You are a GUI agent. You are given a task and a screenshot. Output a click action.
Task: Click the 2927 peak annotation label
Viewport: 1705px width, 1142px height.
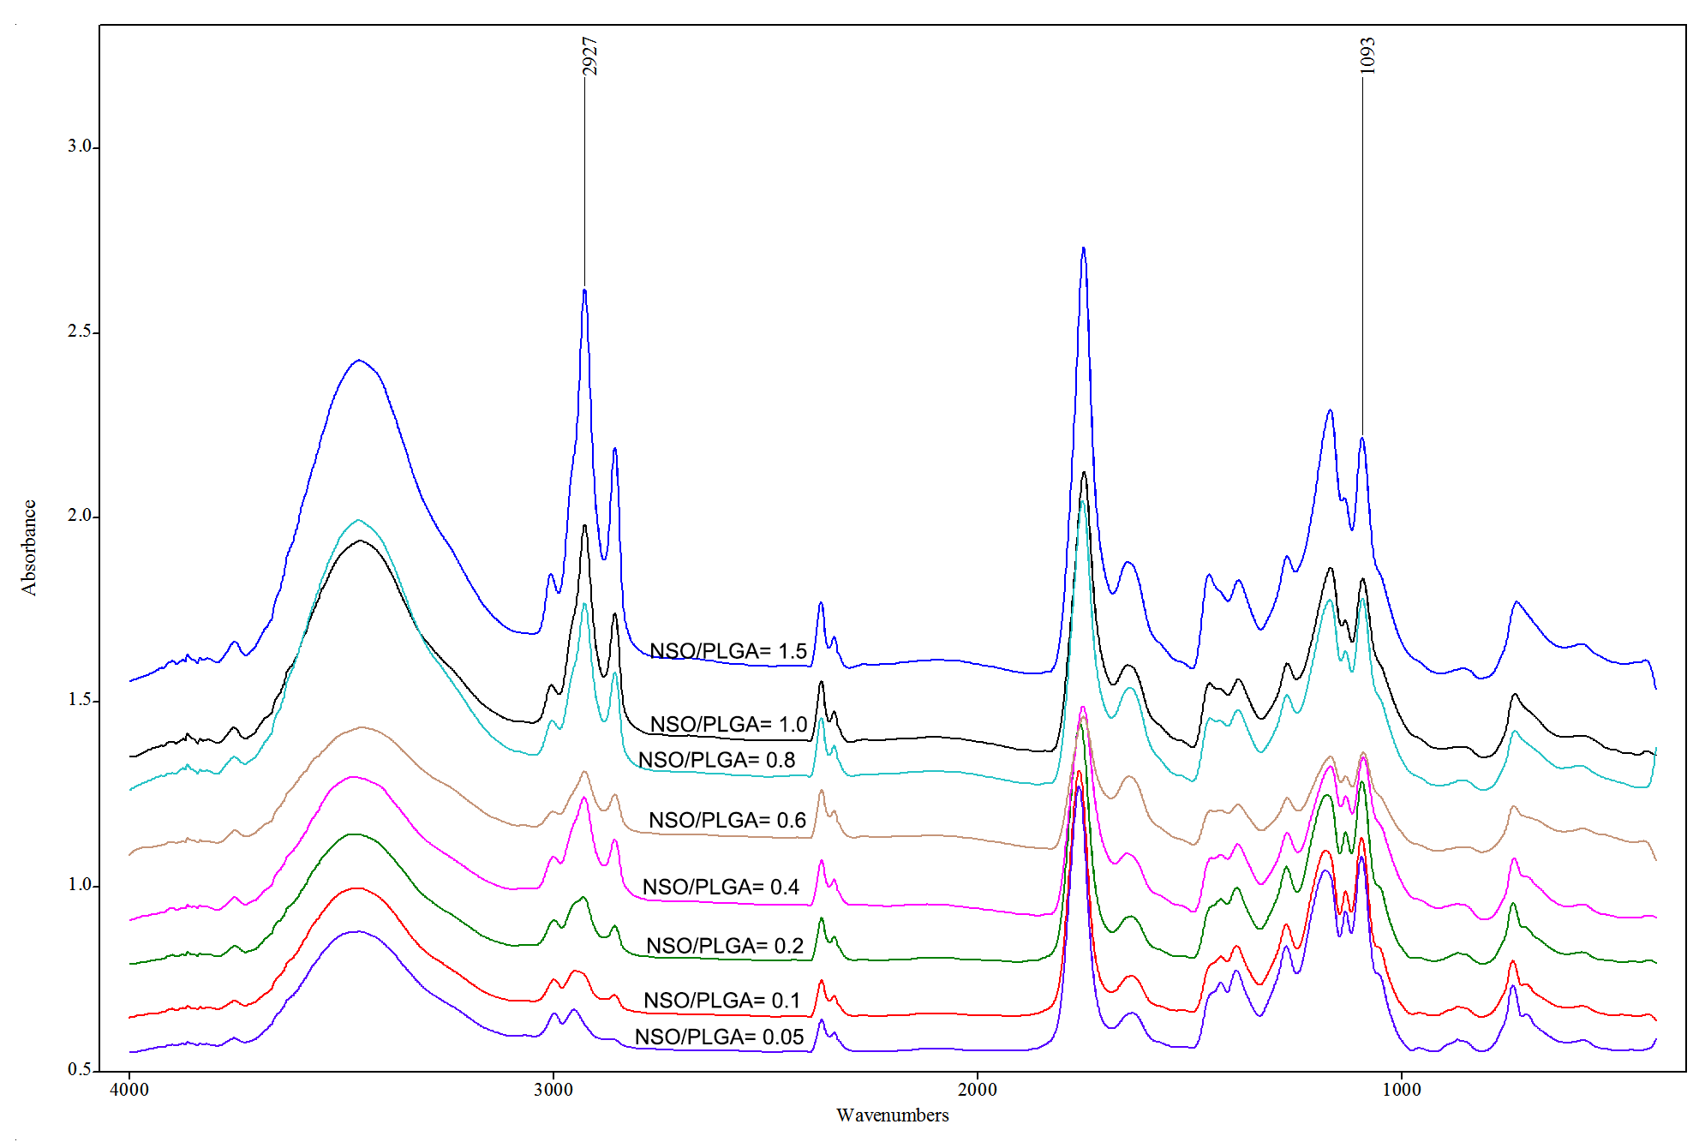(589, 56)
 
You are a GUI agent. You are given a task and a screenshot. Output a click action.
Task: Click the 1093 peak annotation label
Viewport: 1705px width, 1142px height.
(1367, 56)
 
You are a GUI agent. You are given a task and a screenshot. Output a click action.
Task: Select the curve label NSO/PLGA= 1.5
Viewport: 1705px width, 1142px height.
(728, 651)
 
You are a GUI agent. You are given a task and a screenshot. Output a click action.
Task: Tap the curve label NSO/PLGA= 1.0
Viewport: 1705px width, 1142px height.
(728, 725)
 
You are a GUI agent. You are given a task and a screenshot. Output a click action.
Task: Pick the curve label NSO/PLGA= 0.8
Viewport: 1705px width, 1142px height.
(716, 760)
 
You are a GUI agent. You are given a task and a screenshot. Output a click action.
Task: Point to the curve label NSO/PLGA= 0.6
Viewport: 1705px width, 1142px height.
(727, 820)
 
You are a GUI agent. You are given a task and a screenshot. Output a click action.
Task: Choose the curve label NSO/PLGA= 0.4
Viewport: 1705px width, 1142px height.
(721, 887)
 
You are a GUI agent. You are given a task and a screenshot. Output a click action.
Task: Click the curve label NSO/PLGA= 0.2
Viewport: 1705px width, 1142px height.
(725, 946)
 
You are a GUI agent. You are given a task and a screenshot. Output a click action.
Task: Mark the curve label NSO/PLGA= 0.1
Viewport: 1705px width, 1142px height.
(721, 1001)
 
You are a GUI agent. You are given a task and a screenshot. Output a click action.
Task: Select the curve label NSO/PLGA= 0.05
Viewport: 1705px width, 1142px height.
(719, 1037)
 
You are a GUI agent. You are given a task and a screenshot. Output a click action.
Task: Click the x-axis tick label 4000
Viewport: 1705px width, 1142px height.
(129, 1090)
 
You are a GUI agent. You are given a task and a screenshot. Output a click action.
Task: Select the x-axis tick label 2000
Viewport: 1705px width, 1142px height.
(978, 1090)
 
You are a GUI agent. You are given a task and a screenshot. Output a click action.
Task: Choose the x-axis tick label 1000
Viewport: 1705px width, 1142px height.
(1402, 1090)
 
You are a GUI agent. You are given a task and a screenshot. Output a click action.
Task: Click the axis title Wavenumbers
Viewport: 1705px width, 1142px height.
(892, 1115)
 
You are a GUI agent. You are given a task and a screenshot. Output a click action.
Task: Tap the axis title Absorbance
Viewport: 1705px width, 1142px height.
(29, 547)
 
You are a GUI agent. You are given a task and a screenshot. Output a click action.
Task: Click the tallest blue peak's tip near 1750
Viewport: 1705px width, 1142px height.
(1084, 248)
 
